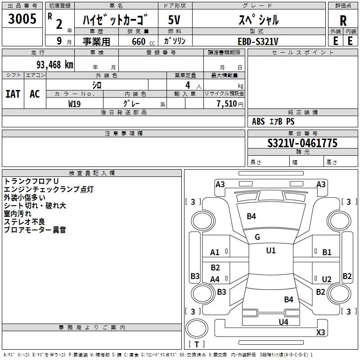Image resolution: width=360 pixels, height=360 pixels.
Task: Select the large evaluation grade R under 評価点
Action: coord(343,20)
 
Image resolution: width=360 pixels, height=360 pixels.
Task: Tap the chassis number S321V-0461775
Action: coord(302,143)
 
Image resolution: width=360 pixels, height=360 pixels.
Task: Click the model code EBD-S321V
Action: coord(258,41)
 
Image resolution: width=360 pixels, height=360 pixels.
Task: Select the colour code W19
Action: coord(75,103)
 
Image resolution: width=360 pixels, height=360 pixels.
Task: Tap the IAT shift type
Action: coord(13,94)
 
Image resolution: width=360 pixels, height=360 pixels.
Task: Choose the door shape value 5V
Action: coord(175,20)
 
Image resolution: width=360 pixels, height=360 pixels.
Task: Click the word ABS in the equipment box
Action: coord(258,121)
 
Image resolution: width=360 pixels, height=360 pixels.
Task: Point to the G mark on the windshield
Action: coord(257,237)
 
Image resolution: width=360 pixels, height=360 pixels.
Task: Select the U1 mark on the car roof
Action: coord(270,251)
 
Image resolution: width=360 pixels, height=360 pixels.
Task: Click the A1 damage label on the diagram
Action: coord(215,252)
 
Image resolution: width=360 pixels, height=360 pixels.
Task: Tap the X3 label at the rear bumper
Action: coord(320,333)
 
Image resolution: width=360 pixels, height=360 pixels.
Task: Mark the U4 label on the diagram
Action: coord(283,322)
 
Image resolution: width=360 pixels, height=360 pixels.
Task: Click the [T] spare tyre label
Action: coord(197,344)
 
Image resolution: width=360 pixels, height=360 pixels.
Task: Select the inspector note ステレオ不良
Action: coord(25,222)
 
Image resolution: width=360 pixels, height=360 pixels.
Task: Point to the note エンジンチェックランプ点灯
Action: coord(49,189)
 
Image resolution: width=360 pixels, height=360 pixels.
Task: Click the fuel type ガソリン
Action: coord(175,41)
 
